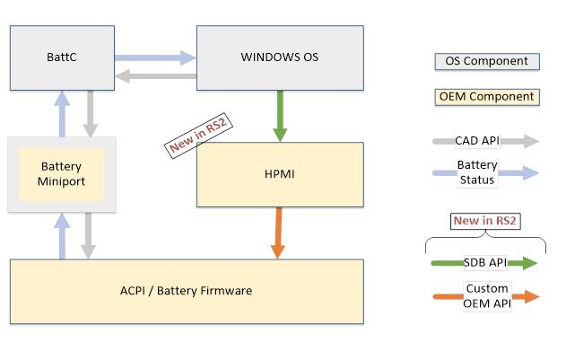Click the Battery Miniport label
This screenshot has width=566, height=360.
click(x=62, y=174)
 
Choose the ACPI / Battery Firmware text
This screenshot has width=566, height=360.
click(x=187, y=290)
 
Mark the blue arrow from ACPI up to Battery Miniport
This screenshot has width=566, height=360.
click(x=62, y=236)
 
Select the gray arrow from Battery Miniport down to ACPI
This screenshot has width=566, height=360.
click(x=89, y=236)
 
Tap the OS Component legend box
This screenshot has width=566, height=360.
click(x=486, y=62)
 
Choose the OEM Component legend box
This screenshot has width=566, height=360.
click(x=486, y=97)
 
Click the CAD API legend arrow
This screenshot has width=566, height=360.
click(x=486, y=141)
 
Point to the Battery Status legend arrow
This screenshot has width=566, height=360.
click(x=486, y=172)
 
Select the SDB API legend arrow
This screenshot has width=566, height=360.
click(x=486, y=263)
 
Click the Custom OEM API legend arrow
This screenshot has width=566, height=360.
click(x=486, y=295)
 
